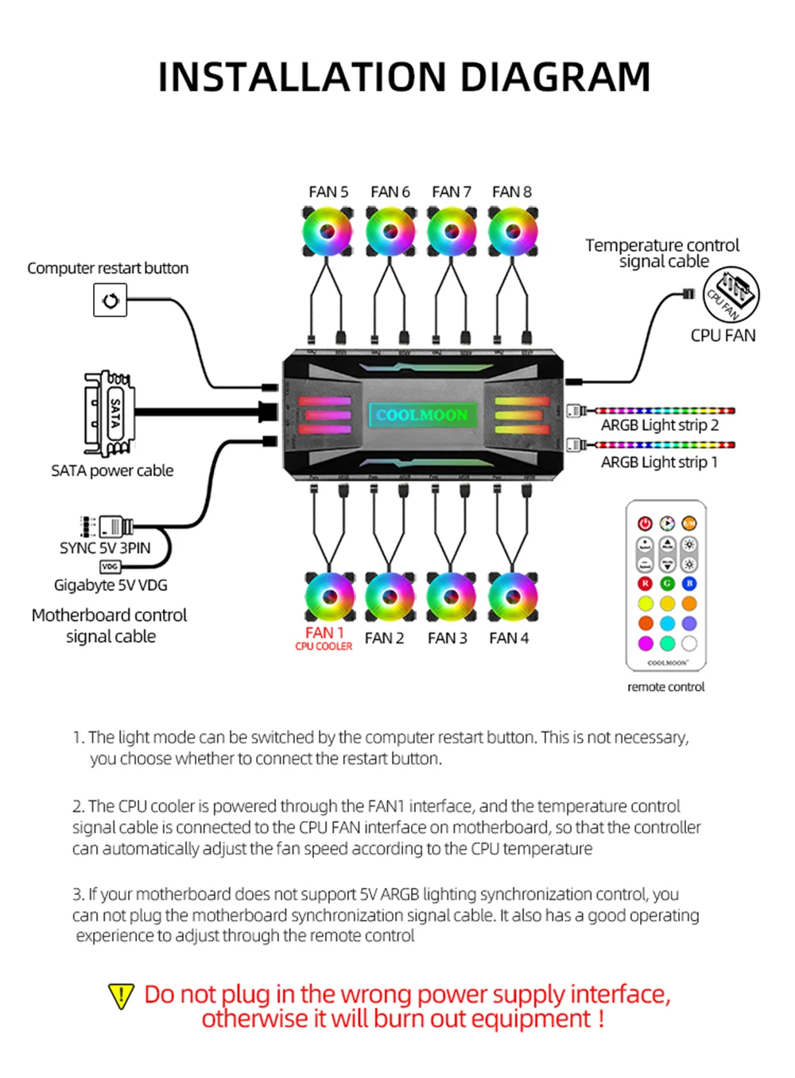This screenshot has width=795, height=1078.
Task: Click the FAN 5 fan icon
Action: [328, 232]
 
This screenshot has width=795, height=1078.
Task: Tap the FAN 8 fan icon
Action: [513, 232]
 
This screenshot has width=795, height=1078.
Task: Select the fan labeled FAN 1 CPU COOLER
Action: [330, 597]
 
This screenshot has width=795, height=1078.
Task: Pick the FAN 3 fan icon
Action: [452, 597]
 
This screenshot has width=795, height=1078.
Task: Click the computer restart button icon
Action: [111, 300]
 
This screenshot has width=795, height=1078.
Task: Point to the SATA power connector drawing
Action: [109, 413]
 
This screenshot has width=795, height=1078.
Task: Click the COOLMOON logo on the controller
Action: [422, 415]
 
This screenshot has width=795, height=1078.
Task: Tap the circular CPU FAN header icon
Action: [731, 295]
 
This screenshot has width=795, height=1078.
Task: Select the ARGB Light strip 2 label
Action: [659, 425]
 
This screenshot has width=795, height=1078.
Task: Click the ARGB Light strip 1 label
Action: [659, 462]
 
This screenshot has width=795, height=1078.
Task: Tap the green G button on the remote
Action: [667, 584]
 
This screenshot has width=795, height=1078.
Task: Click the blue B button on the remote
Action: [689, 584]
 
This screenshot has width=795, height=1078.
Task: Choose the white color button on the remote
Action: [689, 643]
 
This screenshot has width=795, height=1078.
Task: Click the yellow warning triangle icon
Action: [121, 996]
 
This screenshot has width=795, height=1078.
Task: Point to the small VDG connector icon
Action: [110, 567]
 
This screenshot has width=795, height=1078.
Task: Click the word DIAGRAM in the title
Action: [556, 77]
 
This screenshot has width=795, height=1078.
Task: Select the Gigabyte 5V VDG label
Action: [111, 585]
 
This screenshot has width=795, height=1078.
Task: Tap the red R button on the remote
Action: [645, 584]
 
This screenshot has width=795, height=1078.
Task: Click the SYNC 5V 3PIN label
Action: [105, 548]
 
